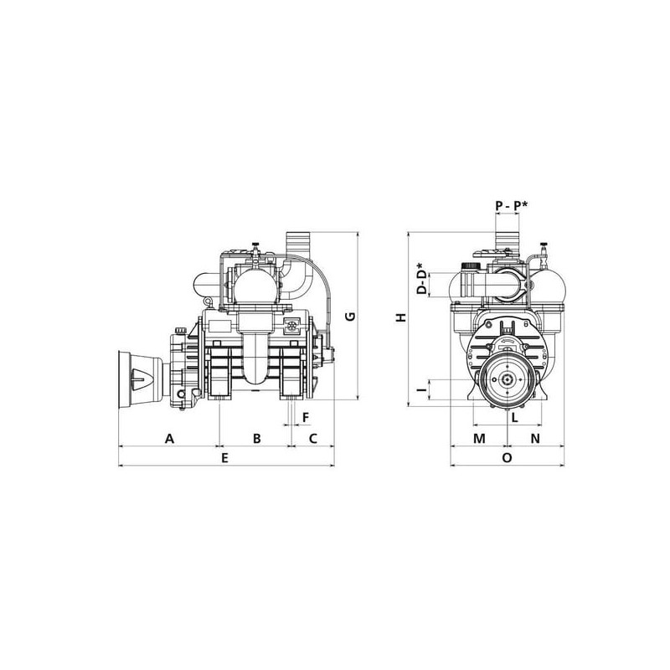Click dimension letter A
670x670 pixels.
170,438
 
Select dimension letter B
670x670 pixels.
256,438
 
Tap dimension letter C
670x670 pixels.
313,438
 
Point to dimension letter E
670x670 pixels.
224,458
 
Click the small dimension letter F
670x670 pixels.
306,417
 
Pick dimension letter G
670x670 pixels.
350,317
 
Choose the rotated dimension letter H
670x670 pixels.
401,317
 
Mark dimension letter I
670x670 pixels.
422,389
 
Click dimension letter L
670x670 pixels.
515,417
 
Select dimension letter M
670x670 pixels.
479,438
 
